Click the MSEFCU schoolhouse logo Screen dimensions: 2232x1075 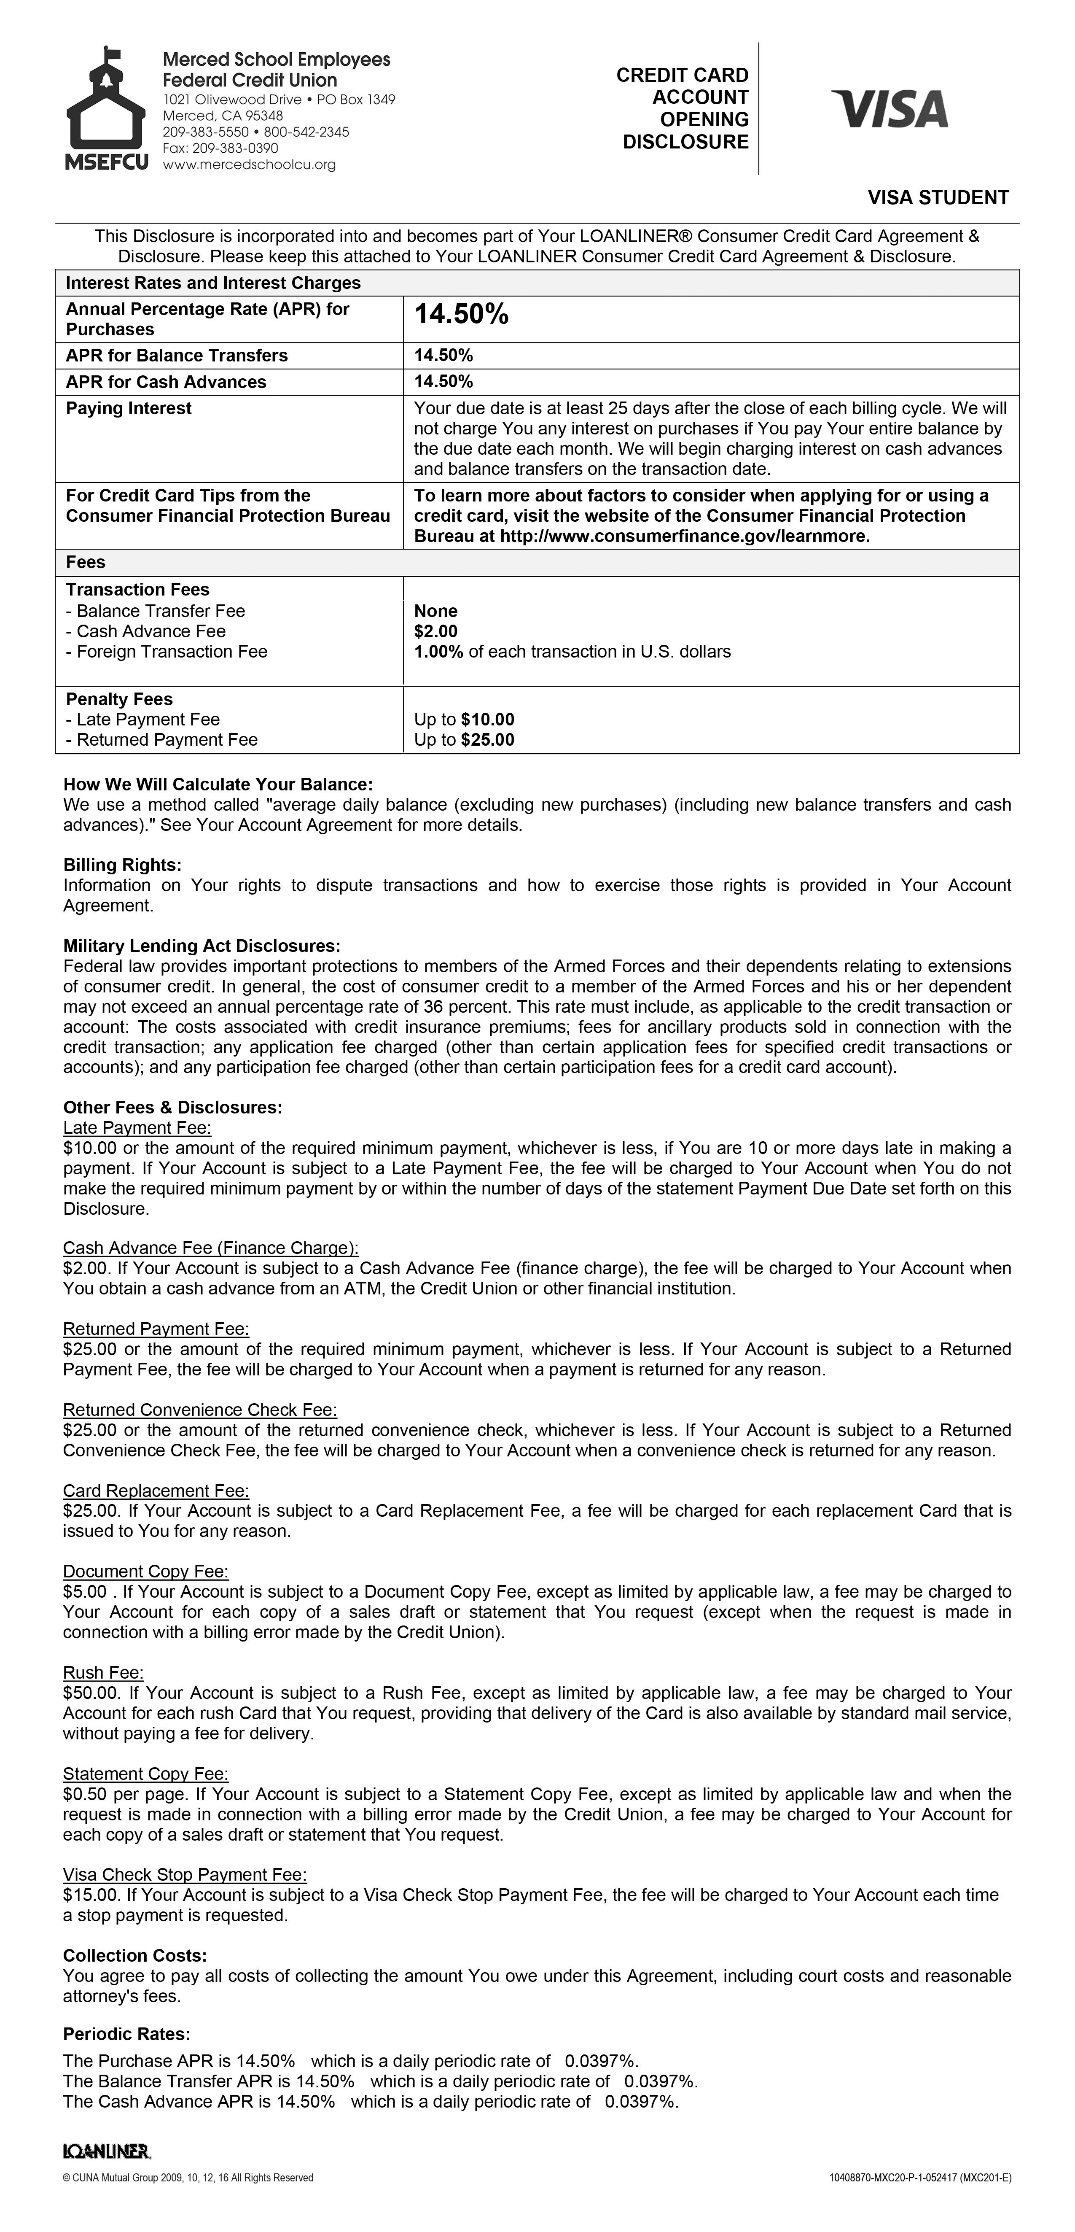click(x=106, y=108)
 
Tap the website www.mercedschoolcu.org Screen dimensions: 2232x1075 click(x=250, y=164)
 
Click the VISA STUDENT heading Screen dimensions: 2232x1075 click(x=938, y=197)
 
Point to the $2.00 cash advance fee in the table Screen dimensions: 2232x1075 click(x=436, y=632)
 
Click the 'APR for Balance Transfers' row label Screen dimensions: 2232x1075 click(x=177, y=355)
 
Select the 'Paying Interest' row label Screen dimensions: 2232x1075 click(x=129, y=408)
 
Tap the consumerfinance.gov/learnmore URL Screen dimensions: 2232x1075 click(x=684, y=536)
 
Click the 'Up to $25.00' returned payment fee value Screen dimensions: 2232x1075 click(x=464, y=740)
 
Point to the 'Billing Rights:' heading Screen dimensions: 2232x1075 click(x=122, y=865)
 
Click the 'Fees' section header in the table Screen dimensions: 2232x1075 click(x=86, y=562)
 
